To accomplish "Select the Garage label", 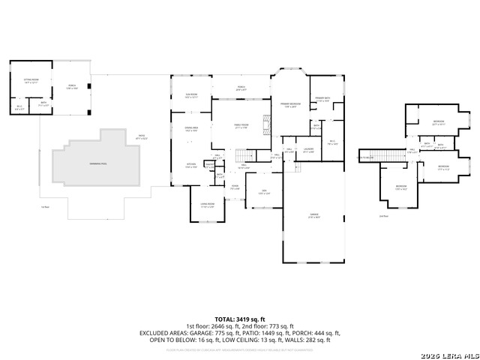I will point(313,215).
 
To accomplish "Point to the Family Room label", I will point(241,126).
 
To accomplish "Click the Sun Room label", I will point(191,96).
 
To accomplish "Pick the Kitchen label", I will point(190,166).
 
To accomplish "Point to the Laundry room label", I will point(307,150).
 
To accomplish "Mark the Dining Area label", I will point(191,130).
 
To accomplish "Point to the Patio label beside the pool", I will point(141,138).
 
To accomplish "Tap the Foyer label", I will point(235,187).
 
